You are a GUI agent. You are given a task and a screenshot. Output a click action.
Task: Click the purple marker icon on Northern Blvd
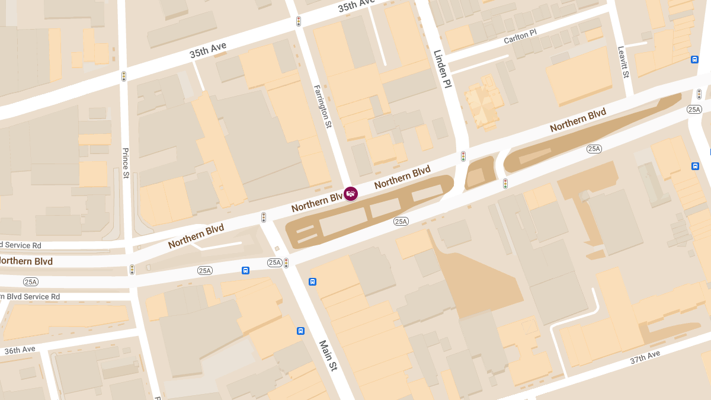(351, 194)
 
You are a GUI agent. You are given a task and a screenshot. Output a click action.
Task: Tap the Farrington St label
(322, 106)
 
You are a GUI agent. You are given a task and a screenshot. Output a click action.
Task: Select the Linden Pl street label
(443, 69)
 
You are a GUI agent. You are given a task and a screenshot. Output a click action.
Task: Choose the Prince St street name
(126, 163)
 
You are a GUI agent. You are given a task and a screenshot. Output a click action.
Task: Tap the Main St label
(328, 355)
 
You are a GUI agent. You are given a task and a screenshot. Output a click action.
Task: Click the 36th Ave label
(20, 350)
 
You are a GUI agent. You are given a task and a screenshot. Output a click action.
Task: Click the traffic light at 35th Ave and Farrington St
(299, 21)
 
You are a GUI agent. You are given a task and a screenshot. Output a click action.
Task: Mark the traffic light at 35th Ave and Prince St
(124, 76)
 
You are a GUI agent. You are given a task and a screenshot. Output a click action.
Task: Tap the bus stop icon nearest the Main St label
(300, 331)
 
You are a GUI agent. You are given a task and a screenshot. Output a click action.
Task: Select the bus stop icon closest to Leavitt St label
(694, 59)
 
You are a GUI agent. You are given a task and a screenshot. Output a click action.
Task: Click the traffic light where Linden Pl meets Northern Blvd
(463, 156)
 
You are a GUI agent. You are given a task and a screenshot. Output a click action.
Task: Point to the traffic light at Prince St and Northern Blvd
(132, 270)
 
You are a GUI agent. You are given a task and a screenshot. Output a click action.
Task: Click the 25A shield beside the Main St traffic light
(274, 263)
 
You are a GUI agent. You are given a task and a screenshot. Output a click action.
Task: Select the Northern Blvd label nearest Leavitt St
(578, 120)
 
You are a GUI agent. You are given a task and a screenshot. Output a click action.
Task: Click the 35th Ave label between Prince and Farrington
(207, 50)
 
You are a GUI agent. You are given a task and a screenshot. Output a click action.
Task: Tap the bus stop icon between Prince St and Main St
(245, 270)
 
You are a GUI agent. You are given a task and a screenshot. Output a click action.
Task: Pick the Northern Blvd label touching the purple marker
(317, 203)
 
